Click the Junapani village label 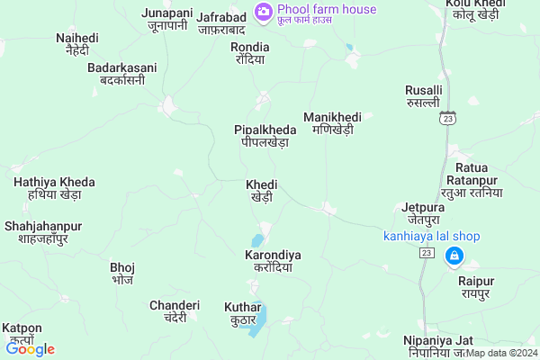[168, 19]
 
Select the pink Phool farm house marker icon [264, 11]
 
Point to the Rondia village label [249, 53]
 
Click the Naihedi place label [77, 45]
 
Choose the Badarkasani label [121, 74]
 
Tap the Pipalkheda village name [265, 136]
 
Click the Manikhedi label [332, 123]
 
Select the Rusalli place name [424, 97]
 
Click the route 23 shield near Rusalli [449, 118]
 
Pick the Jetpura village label [422, 213]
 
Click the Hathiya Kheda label [48, 188]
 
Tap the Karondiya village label [273, 262]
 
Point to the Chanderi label [168, 311]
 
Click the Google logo [31, 349]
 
